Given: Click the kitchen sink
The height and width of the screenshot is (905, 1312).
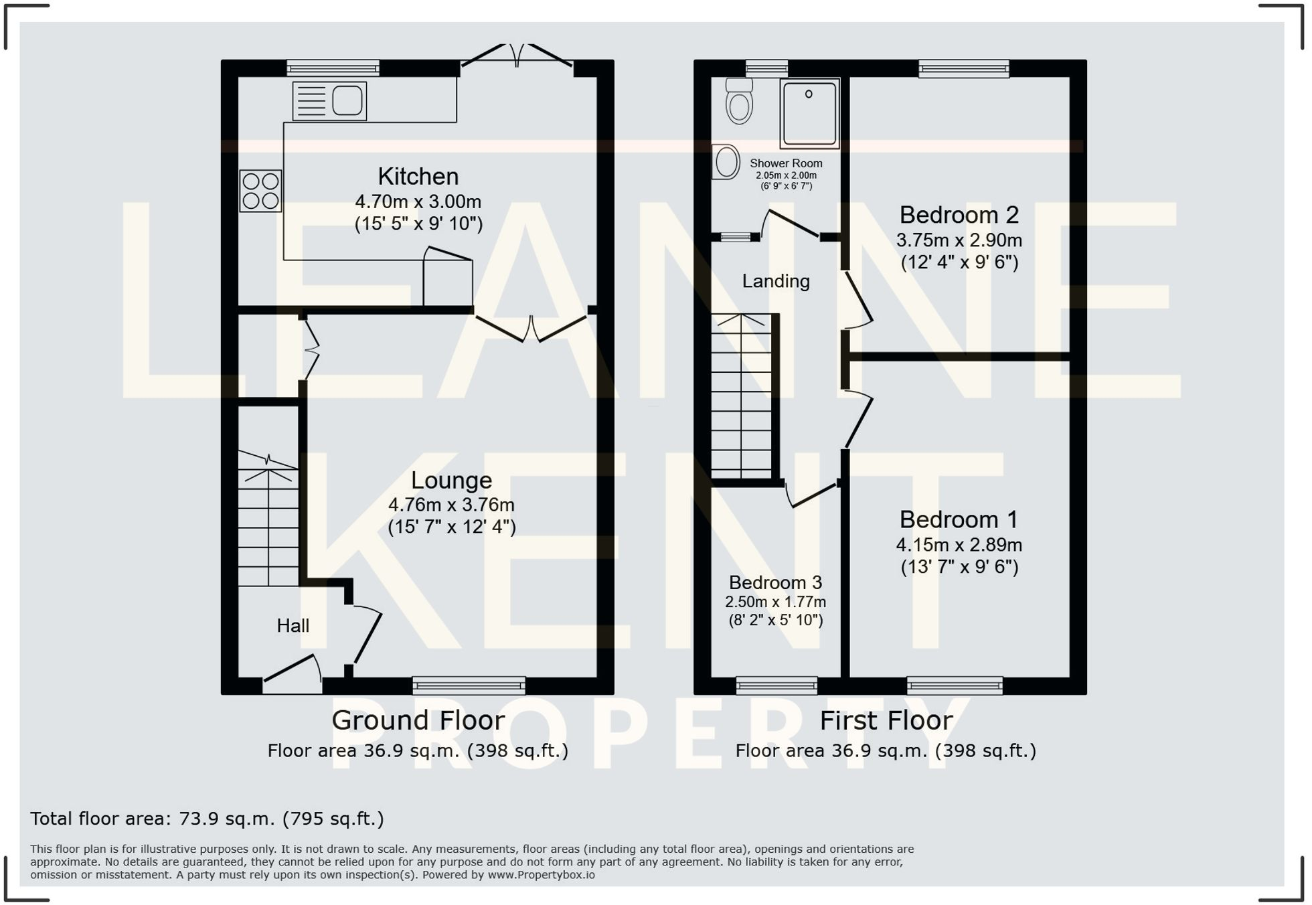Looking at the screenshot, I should click(330, 101).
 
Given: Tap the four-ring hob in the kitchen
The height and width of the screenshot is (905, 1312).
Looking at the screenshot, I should click(260, 191).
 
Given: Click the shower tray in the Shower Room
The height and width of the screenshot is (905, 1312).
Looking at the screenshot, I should click(809, 114).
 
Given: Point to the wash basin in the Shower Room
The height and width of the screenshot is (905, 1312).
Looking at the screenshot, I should click(726, 162).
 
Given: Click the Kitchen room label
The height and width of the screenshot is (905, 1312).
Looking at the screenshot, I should click(418, 177).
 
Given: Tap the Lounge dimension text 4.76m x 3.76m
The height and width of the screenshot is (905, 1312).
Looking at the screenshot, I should click(452, 505).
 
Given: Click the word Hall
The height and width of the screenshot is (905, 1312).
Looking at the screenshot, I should click(293, 626).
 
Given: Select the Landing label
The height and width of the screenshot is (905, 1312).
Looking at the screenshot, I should click(776, 281).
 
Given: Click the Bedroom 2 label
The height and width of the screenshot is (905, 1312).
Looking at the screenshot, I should click(959, 215).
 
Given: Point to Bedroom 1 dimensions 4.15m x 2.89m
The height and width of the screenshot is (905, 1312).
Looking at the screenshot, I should click(959, 545).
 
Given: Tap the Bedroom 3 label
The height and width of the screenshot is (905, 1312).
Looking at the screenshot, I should click(775, 582).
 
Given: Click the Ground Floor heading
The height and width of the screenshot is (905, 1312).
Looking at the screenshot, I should click(418, 721).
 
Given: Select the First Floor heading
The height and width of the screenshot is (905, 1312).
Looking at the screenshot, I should click(886, 721).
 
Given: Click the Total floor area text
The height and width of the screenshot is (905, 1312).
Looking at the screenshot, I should click(207, 819).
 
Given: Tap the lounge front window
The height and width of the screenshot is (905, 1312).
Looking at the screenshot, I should click(469, 685).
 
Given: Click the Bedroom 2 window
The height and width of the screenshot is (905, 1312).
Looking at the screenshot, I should click(963, 68).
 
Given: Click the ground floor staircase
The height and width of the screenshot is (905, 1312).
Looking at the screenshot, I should click(268, 519).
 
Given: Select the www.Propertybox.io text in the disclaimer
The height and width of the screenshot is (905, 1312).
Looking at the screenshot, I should click(541, 875).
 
